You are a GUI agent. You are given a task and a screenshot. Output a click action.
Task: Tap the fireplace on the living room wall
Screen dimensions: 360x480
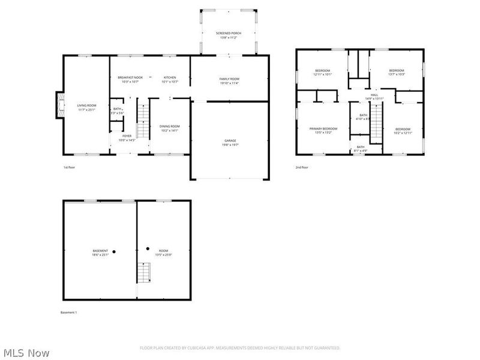pyautogui.click(x=59, y=103)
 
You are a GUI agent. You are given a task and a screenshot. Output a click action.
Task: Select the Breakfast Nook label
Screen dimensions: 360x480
pyautogui.click(x=130, y=77)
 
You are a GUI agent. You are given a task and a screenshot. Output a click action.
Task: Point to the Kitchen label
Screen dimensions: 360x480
pyautogui.click(x=170, y=77)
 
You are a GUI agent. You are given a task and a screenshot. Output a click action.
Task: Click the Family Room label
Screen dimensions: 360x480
pyautogui.click(x=229, y=79)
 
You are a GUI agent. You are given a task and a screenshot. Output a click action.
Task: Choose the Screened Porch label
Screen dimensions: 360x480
pyautogui.click(x=229, y=32)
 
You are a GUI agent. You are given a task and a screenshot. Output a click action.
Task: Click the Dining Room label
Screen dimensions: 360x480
pyautogui.click(x=169, y=126)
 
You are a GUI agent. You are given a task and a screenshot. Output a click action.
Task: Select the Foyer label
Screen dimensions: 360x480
pyautogui.click(x=127, y=136)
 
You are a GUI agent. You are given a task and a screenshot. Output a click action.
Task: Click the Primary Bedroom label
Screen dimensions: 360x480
pyautogui.click(x=323, y=128)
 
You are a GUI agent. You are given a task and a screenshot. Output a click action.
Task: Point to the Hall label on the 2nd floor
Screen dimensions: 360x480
pyautogui.click(x=374, y=95)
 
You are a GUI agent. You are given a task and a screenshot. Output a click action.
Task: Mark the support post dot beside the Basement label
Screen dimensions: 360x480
pyautogui.click(x=113, y=251)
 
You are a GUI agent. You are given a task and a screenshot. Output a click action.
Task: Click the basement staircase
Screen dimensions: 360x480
pyautogui.click(x=143, y=272)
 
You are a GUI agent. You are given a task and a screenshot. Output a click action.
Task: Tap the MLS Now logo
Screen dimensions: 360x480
pyautogui.click(x=26, y=353)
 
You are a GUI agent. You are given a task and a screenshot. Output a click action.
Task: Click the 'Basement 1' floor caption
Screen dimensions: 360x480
pyautogui.click(x=69, y=313)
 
